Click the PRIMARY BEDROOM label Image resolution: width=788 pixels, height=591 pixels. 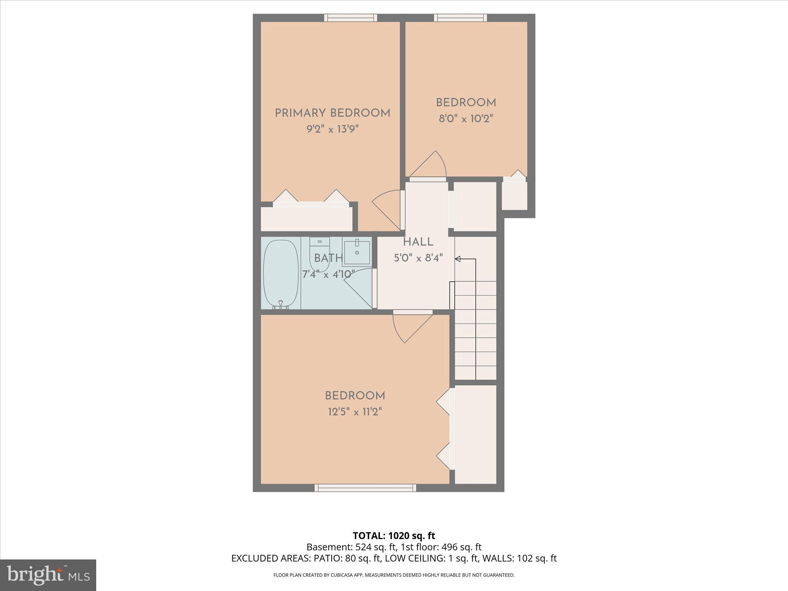coord(332,113)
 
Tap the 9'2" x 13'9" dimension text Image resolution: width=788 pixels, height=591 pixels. coord(332,129)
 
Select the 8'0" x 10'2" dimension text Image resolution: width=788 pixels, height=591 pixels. coord(466,119)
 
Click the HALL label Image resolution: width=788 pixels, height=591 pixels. coord(418,242)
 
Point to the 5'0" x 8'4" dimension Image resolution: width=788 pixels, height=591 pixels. coord(418,258)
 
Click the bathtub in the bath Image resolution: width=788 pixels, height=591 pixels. coord(281,274)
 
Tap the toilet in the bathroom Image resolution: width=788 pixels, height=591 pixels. coord(319,256)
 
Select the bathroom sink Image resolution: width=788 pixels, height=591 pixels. coord(357,253)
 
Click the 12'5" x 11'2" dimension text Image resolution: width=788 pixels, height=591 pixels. coord(355,412)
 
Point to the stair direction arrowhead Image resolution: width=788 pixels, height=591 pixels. coord(458,259)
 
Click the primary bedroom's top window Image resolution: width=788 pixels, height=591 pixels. coord(351,18)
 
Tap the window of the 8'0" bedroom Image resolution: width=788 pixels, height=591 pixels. coord(461,18)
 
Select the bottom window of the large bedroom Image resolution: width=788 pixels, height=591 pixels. coord(365,488)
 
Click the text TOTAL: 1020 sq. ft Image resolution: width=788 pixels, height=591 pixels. coord(394,536)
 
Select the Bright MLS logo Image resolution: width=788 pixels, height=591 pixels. coord(48,575)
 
